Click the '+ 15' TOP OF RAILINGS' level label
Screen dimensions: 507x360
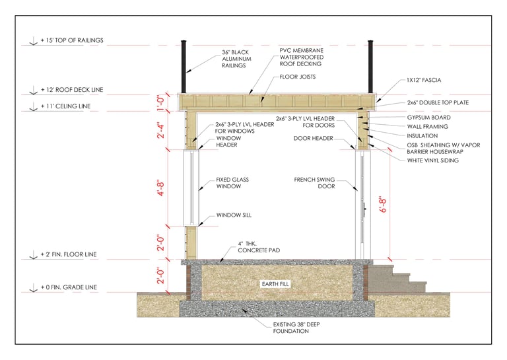[71, 41]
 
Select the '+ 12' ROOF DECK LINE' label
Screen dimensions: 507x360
[71, 90]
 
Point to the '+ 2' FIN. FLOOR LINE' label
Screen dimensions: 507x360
[69, 254]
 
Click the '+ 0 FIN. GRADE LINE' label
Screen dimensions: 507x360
[69, 287]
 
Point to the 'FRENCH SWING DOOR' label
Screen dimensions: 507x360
[320, 183]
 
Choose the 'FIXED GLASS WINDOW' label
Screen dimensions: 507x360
[232, 183]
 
